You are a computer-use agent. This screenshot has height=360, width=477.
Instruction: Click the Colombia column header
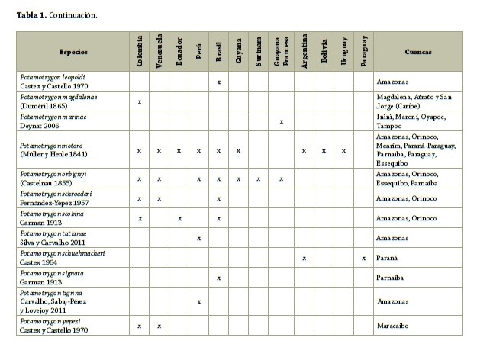click(140, 51)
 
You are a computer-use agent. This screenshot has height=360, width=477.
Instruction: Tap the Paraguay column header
click(363, 51)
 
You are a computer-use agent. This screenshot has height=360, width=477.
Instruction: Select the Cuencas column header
click(418, 52)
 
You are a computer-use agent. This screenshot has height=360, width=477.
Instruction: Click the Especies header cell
click(74, 52)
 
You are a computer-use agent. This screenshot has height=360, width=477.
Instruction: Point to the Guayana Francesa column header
click(282, 51)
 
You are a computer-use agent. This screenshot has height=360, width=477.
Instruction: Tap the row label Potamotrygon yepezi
click(51, 321)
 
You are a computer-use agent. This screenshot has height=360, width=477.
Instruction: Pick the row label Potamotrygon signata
click(53, 272)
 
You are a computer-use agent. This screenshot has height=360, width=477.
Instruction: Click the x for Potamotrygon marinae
click(282, 121)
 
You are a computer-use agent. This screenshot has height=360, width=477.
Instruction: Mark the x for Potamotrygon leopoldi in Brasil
click(219, 82)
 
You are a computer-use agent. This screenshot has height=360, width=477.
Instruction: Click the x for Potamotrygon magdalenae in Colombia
click(140, 101)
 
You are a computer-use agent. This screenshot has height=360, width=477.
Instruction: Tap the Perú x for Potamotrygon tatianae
click(199, 239)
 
